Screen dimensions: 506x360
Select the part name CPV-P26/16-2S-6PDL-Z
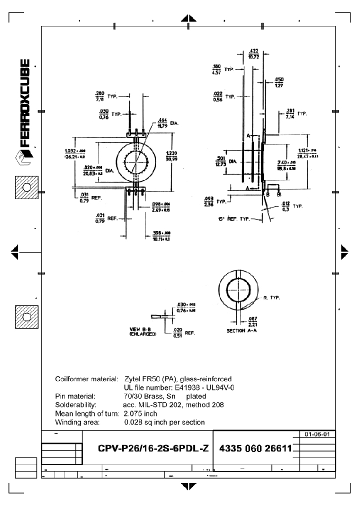click(153, 448)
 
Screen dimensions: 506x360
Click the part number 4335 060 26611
click(255, 448)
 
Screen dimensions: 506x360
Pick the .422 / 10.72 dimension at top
click(253, 53)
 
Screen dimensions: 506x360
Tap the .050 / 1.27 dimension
click(279, 82)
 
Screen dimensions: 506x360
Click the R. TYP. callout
click(271, 298)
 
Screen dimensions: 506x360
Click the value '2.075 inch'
click(140, 413)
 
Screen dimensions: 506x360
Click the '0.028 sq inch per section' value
click(164, 422)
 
